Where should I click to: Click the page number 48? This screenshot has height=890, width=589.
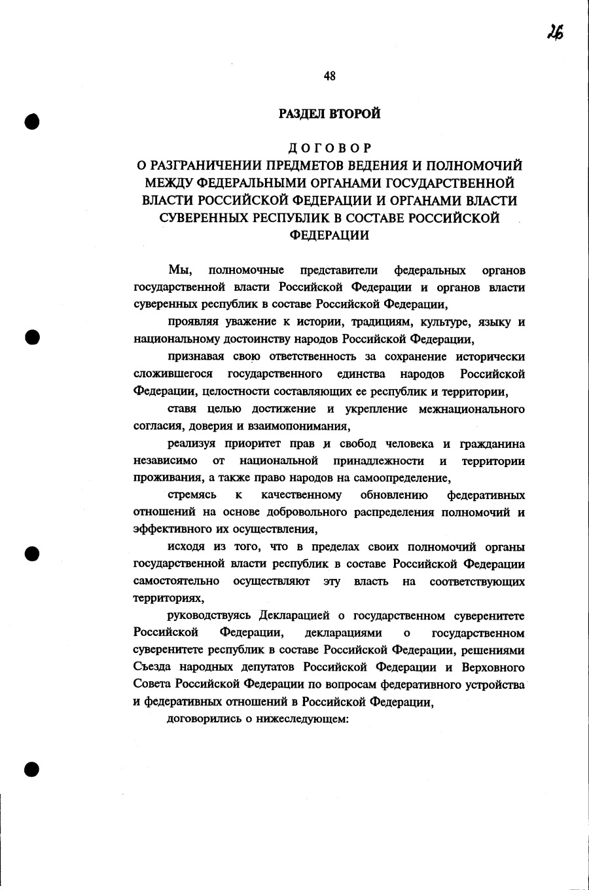(329, 76)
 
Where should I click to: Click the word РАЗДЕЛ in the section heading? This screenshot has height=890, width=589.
(303, 114)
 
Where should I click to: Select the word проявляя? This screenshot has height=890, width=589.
(192, 322)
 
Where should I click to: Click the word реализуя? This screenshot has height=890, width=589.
(190, 444)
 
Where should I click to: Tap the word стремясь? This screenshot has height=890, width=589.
(192, 496)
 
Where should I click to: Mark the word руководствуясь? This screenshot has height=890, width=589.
(210, 616)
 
